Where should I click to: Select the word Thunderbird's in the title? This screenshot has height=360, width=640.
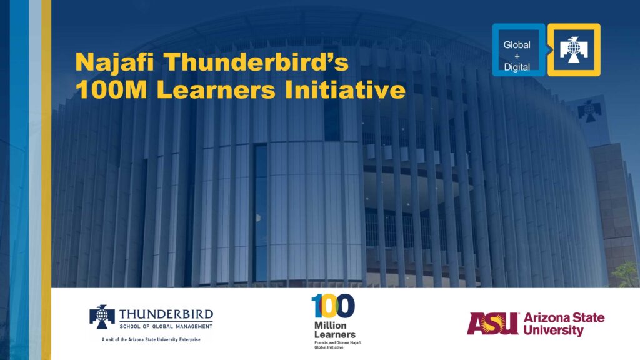(x=256, y=62)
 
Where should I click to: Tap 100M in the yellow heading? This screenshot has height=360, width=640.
(x=111, y=89)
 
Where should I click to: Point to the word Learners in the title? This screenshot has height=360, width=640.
(x=216, y=89)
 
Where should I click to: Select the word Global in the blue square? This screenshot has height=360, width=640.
(x=517, y=45)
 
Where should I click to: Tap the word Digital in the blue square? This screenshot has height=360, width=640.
(x=517, y=67)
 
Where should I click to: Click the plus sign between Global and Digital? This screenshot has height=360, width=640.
(x=517, y=56)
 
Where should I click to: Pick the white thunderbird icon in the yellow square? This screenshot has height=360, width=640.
(x=574, y=50)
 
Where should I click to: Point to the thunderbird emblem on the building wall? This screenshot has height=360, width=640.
(x=589, y=111)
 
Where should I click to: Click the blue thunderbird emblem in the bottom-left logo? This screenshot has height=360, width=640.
(x=102, y=317)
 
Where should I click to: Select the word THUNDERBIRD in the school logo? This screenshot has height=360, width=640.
(x=166, y=314)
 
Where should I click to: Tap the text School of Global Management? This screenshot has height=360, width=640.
(x=166, y=326)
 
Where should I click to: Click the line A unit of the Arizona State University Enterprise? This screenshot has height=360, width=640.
(x=151, y=339)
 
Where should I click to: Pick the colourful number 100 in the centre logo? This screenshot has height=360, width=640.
(x=333, y=306)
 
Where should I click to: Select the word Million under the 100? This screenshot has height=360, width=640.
(x=330, y=325)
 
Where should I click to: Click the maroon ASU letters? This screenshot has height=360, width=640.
(x=492, y=324)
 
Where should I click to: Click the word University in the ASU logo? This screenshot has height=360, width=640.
(x=554, y=330)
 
